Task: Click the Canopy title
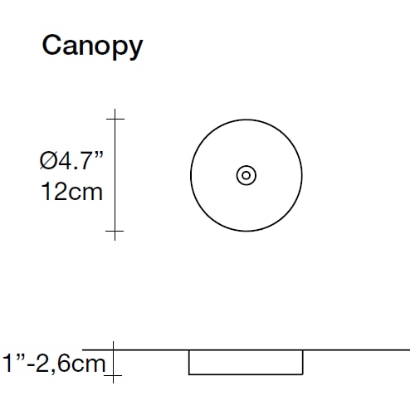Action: coord(92,46)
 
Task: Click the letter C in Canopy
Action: coord(51,45)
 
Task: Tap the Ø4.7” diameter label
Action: coord(71,160)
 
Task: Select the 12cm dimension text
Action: coord(71,192)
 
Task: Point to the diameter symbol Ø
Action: coord(48,160)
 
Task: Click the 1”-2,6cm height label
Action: coord(54,363)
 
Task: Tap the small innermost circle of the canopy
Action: coord(246,175)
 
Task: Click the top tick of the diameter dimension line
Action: coord(115,119)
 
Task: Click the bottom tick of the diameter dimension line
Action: coord(115,231)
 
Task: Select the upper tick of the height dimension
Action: coord(113,350)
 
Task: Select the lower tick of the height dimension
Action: coord(113,375)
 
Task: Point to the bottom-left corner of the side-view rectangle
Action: coord(189,374)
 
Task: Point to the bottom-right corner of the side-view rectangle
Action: coord(303,374)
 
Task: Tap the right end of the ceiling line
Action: coord(410,350)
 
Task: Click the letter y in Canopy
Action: coord(134,50)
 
